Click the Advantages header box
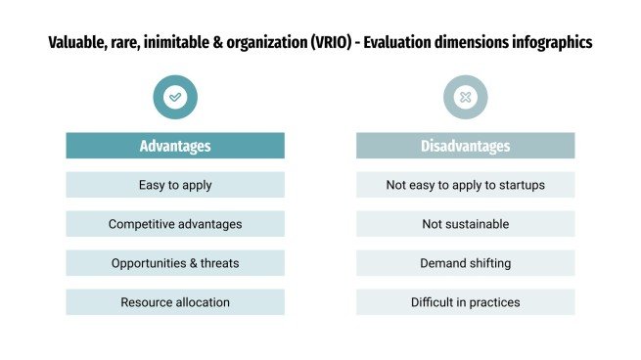pos(175,146)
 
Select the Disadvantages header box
pos(465,146)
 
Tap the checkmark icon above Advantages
pos(175,97)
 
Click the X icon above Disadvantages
pos(465,97)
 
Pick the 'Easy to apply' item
pos(175,184)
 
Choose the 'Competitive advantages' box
pos(175,224)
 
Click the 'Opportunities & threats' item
pos(175,263)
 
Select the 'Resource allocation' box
pos(175,302)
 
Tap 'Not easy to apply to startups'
pos(465,184)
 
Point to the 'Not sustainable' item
pos(465,224)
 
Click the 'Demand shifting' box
pos(465,263)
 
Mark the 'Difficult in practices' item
pos(465,302)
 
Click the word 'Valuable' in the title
pos(76,44)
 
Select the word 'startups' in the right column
pos(519,184)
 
